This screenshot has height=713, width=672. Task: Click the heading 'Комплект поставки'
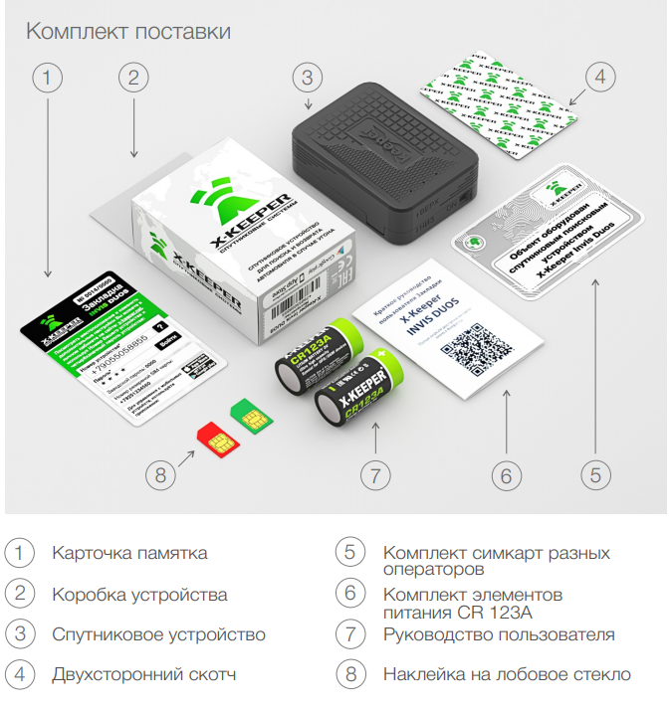point(128,32)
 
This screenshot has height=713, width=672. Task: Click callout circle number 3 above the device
point(309,78)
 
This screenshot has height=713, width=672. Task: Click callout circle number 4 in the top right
point(596,78)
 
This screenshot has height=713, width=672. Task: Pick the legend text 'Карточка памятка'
point(129,553)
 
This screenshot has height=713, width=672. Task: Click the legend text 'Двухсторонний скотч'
point(144,675)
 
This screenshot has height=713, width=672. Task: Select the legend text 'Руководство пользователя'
point(499,634)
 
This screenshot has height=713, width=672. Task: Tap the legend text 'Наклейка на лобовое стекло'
point(507,675)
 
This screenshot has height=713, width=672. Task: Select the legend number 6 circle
point(350,594)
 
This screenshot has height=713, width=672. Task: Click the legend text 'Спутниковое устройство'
point(158,634)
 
